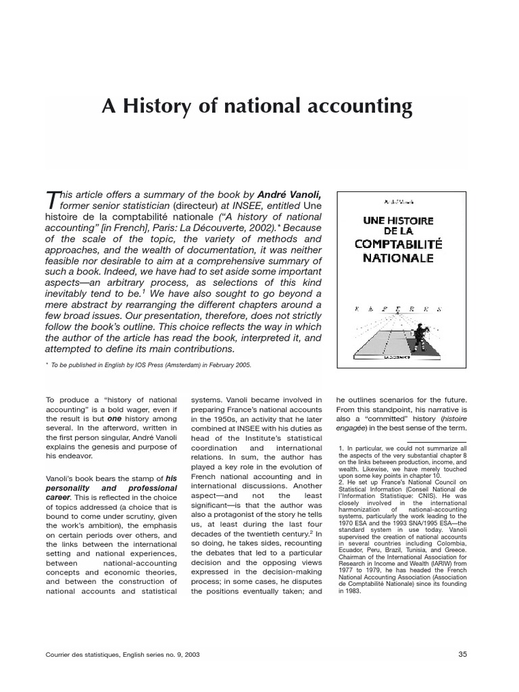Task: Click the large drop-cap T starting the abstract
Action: (51, 201)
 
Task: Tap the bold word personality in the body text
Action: (74, 488)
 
